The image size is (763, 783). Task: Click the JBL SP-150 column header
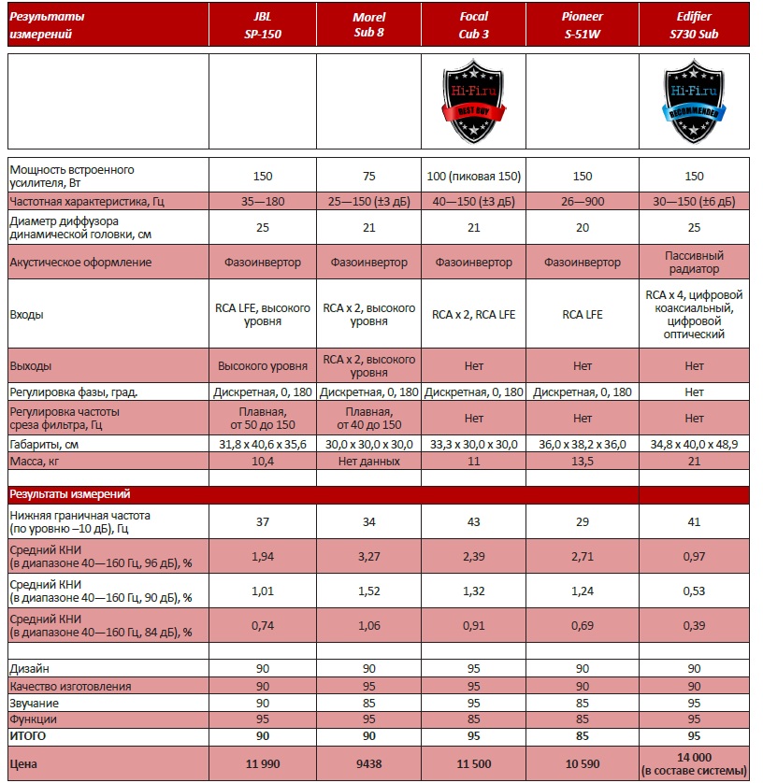(262, 25)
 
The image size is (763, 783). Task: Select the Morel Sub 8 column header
(368, 25)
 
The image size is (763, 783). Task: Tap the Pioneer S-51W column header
(582, 25)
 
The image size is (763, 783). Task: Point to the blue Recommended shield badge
(693, 99)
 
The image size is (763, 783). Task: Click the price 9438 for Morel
(368, 763)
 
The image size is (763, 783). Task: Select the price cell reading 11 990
(262, 763)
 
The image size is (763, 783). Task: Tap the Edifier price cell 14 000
(693, 762)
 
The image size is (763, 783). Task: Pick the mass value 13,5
(582, 461)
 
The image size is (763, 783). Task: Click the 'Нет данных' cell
(368, 461)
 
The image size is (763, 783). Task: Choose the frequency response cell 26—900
(582, 201)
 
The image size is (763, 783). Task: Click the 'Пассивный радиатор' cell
(693, 262)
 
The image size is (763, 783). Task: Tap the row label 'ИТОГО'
(27, 736)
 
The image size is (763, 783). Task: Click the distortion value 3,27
(368, 556)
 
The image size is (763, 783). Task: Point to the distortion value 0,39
(693, 625)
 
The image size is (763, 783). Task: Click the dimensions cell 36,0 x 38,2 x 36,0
(582, 444)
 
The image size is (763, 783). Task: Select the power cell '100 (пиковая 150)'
(474, 176)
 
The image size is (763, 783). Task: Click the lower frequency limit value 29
(582, 521)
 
